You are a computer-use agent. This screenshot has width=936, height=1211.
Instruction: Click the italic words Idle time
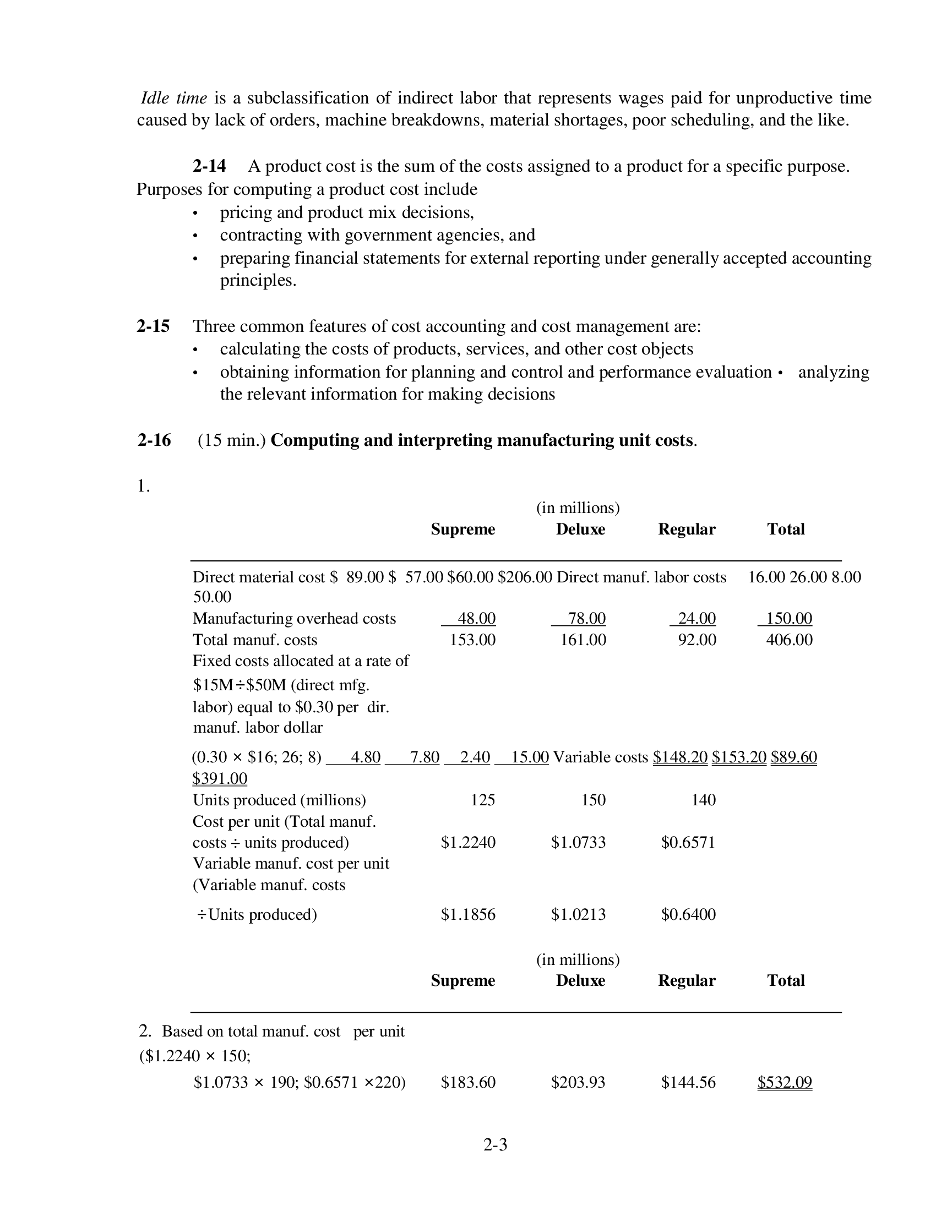(173, 98)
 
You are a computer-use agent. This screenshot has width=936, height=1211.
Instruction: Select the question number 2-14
(209, 166)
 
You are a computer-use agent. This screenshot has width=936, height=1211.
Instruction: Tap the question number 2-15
(153, 326)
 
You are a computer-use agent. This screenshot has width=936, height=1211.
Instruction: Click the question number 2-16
(154, 440)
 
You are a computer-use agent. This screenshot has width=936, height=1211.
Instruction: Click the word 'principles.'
(258, 281)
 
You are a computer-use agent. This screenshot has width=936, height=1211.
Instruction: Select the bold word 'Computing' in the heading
(314, 440)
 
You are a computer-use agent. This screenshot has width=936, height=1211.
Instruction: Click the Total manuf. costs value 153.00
(472, 640)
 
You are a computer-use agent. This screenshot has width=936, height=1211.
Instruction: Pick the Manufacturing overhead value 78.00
(586, 618)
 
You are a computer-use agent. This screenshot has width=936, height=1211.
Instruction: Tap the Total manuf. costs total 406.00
(789, 640)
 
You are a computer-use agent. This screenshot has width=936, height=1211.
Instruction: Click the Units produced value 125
(482, 800)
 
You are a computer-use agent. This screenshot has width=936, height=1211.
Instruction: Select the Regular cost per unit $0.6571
(688, 843)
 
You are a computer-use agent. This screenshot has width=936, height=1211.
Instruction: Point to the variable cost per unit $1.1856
(468, 914)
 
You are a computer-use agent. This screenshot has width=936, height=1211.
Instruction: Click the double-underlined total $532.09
(784, 1082)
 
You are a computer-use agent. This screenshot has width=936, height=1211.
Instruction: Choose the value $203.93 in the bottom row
(578, 1082)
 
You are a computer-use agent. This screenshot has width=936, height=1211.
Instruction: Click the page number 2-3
(495, 1144)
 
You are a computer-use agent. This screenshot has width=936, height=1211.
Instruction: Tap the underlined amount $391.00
(220, 778)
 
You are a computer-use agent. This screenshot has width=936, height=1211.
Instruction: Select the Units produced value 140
(703, 800)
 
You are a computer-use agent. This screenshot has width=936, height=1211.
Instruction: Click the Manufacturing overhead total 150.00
(788, 618)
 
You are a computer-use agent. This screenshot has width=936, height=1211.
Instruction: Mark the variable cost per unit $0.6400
(688, 914)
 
